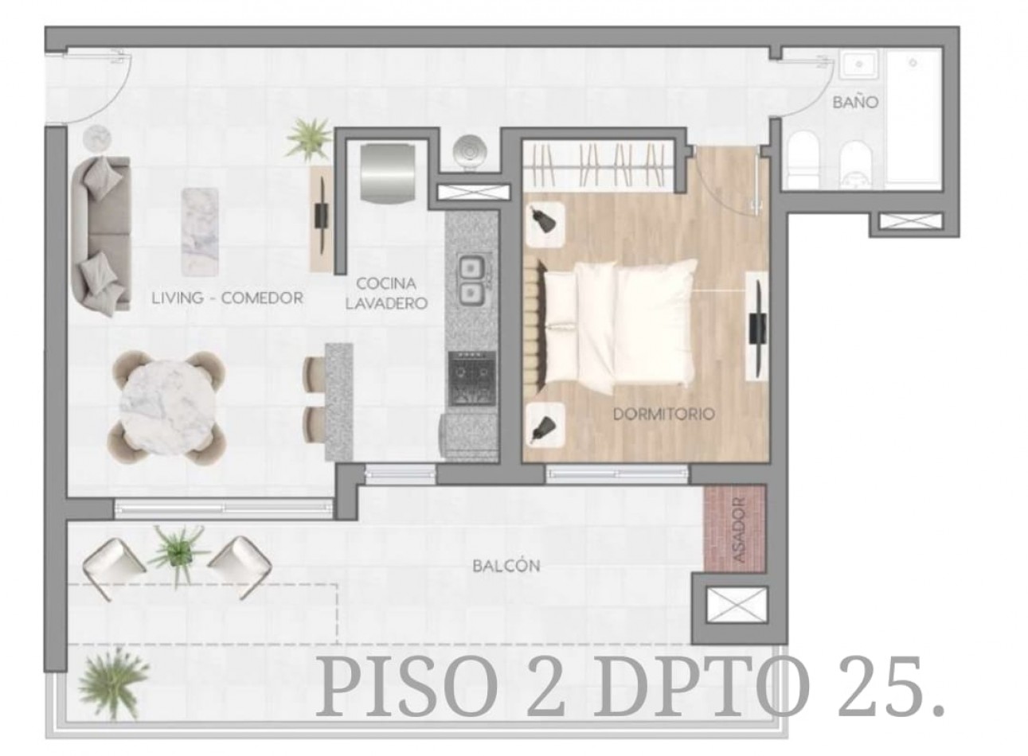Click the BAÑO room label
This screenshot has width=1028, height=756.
pos(855,102)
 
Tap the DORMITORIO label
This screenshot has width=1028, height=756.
pos(663,414)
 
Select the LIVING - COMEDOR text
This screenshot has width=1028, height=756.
pos(228,298)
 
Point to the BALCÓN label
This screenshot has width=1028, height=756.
pos(506,566)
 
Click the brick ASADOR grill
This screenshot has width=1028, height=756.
pos(734,528)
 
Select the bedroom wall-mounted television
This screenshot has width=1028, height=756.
pos(757,325)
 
